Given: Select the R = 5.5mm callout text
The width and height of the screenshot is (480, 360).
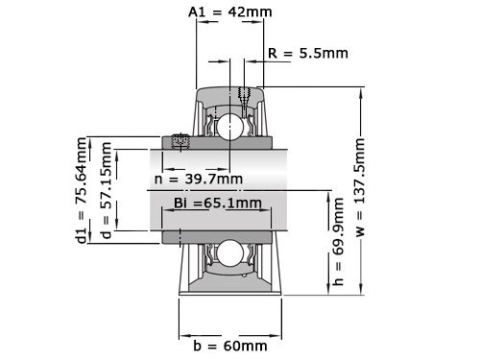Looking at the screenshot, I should click(x=308, y=54).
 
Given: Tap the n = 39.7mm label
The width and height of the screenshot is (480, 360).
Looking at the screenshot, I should click(x=198, y=179).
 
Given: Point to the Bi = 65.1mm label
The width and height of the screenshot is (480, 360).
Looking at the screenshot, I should click(x=217, y=203).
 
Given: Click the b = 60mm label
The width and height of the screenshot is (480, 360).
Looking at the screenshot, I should click(x=228, y=345).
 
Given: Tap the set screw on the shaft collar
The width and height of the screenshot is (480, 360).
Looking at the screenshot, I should click(x=179, y=142).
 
